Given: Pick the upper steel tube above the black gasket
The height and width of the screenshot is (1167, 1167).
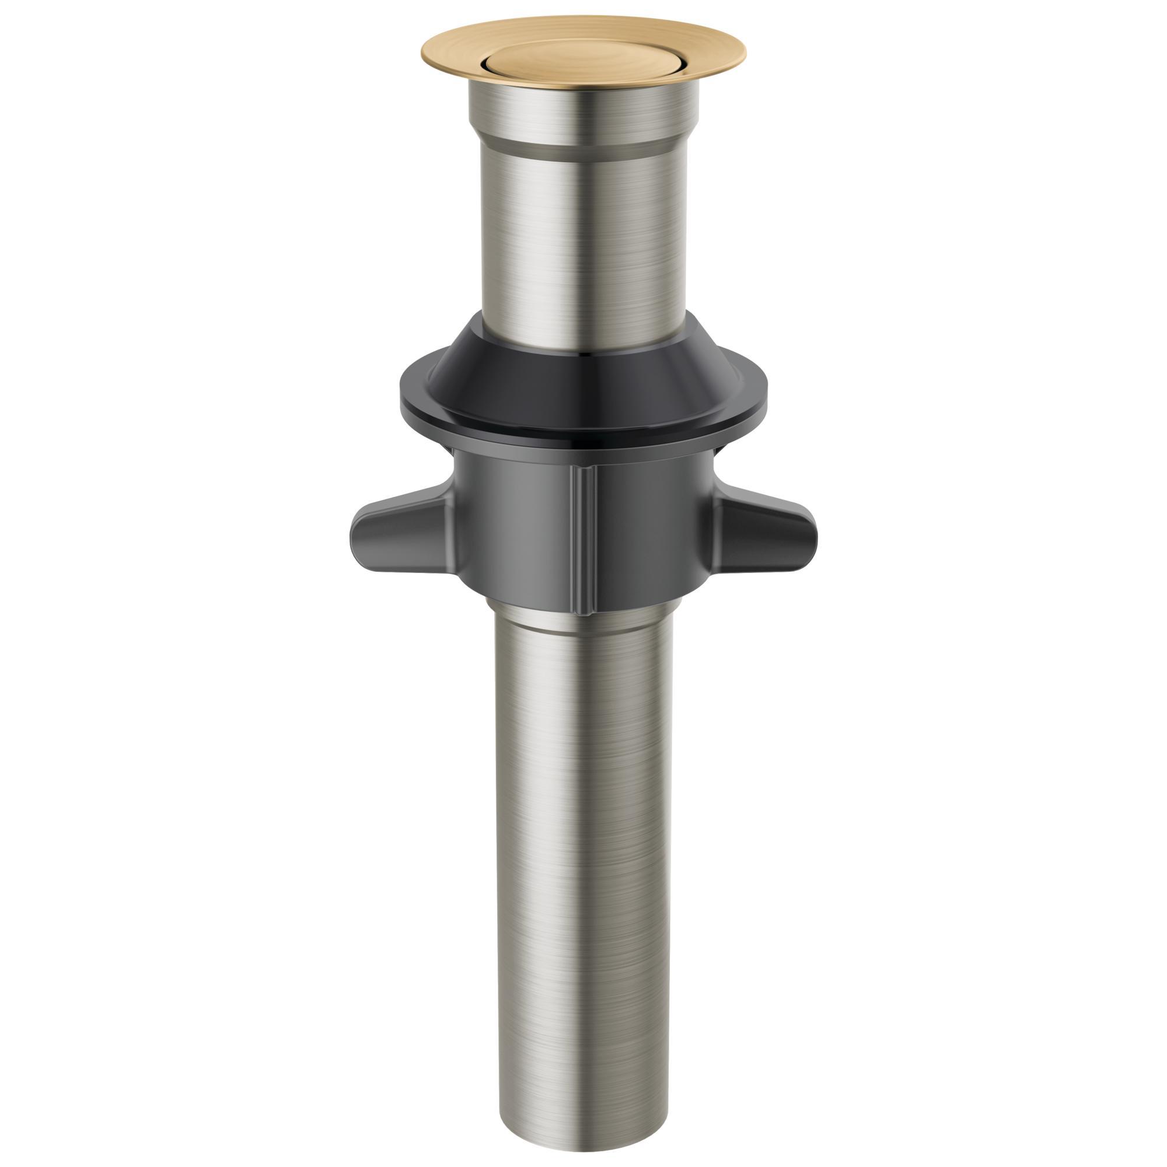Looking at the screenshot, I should [583, 242].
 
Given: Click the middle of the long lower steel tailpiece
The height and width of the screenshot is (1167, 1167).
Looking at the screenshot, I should [583, 845].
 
